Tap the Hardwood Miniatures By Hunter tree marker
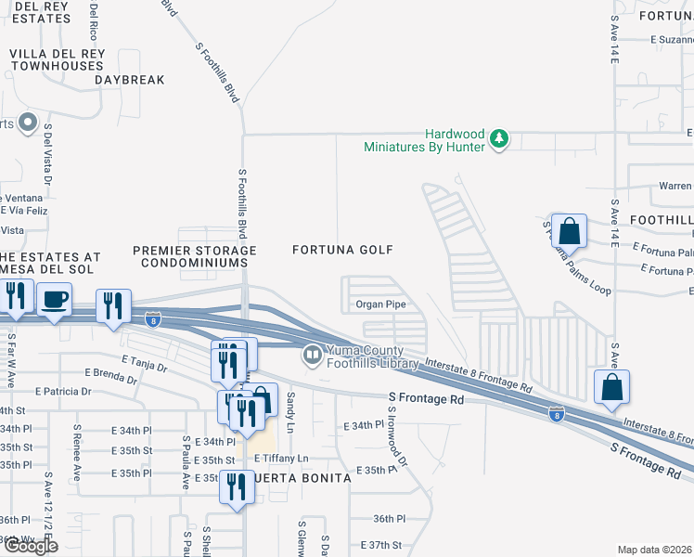pos(500,139)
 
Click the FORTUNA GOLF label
pos(343,250)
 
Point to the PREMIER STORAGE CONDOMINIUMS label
pos(194,257)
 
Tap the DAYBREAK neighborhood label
pos(129,81)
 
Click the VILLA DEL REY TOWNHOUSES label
pos(56,60)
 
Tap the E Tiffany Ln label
pos(277,459)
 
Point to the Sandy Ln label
pos(290,404)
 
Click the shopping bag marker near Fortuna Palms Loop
pos(572,230)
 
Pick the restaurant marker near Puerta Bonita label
pos(236,486)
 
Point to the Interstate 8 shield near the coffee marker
pos(154,321)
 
